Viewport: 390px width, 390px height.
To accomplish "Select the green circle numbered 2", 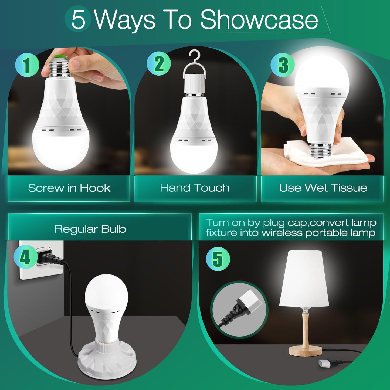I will [159, 64].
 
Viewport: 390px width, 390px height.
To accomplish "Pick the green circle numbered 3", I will [283, 65].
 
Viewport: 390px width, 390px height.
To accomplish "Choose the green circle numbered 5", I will [218, 259].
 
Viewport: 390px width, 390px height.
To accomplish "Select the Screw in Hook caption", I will [69, 188].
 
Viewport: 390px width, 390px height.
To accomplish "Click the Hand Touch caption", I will [195, 188].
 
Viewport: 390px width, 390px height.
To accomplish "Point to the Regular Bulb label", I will [90, 229].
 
